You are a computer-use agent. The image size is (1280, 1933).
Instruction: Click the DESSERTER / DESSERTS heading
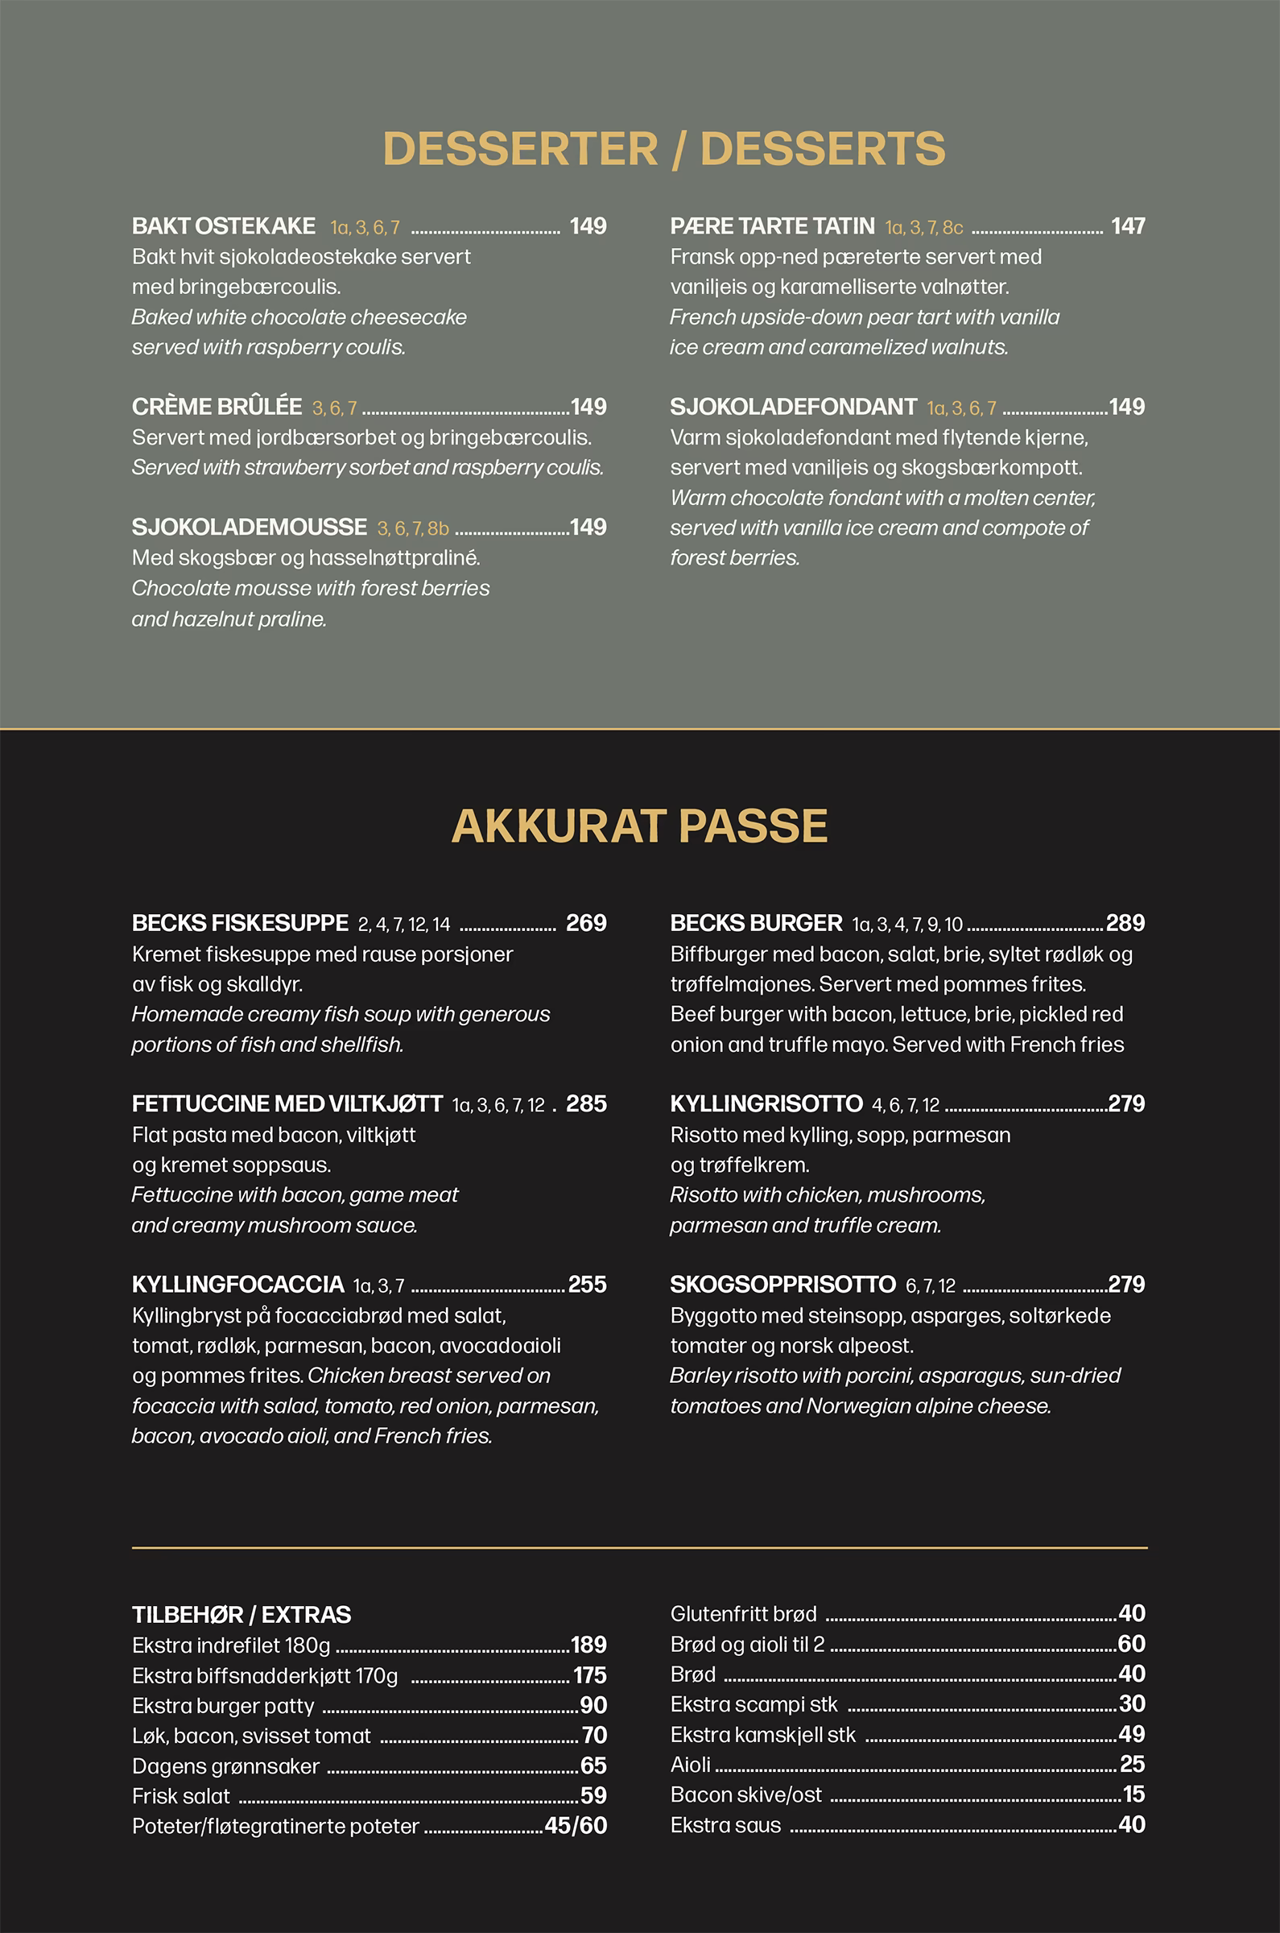tap(663, 150)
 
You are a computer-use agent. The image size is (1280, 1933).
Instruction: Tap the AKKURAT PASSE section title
tap(639, 826)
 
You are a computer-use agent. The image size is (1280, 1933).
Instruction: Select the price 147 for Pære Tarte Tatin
tap(1127, 226)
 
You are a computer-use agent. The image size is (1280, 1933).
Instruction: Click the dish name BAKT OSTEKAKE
tap(224, 226)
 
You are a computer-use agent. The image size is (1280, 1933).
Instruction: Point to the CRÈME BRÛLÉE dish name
tap(217, 407)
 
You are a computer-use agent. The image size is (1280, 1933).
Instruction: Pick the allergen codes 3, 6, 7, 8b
tap(413, 528)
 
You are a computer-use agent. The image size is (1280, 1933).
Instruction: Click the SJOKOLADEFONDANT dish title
tap(793, 407)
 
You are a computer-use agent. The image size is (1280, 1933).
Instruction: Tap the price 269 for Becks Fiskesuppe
tap(586, 923)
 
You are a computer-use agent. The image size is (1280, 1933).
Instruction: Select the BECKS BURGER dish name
tap(756, 923)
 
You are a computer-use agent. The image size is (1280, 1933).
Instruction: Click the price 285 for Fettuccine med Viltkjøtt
tap(586, 1103)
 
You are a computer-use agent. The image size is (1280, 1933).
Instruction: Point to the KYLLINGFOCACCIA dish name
tap(237, 1284)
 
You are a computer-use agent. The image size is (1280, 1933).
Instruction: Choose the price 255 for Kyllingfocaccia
tap(587, 1284)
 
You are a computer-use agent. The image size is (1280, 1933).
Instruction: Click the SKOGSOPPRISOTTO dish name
tap(782, 1284)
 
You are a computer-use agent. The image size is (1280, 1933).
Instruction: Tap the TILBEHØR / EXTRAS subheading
tap(242, 1615)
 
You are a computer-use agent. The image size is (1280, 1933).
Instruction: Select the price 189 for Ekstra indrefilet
tap(588, 1645)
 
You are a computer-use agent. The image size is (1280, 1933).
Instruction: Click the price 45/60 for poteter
tap(576, 1825)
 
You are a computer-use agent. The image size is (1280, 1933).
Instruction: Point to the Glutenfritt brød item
tap(743, 1614)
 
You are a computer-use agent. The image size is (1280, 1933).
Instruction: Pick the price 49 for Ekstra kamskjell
tap(1131, 1734)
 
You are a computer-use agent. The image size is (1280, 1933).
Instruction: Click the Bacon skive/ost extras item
tap(746, 1794)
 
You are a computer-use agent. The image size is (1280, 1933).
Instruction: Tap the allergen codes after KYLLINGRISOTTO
tap(906, 1105)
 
